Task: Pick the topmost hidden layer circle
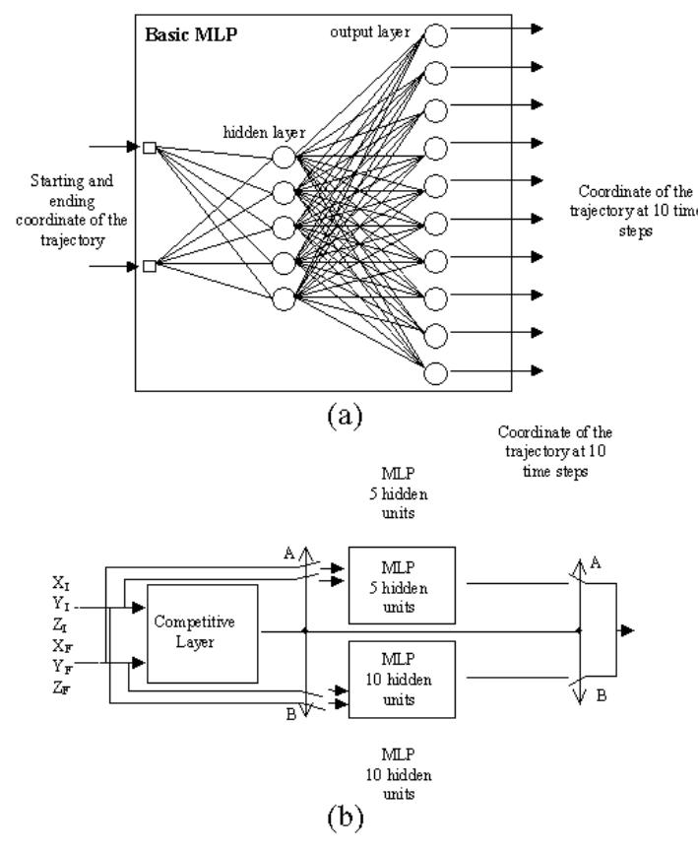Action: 285,156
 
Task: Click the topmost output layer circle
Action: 435,34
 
